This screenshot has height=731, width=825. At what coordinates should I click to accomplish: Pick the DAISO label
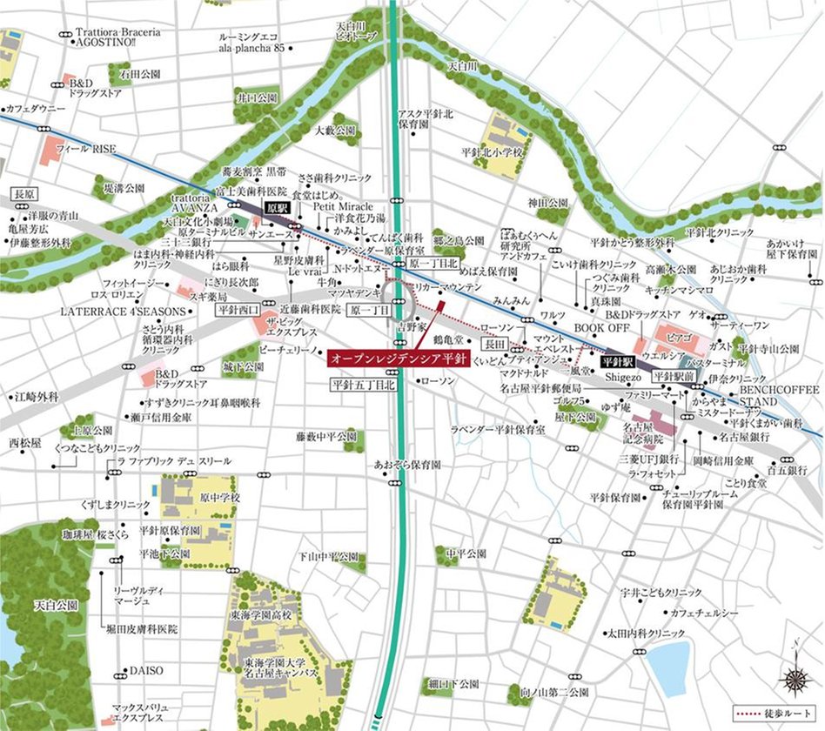(146, 671)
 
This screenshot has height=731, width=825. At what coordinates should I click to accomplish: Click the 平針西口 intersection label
(238, 309)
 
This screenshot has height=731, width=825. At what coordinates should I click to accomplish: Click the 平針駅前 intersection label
(674, 376)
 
